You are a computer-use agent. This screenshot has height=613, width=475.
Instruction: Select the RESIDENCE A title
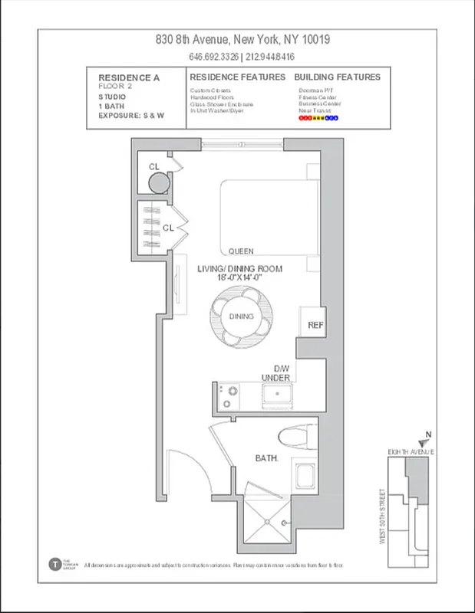pyautogui.click(x=127, y=77)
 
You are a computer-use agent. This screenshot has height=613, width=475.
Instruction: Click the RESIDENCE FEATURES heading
pyautogui.click(x=237, y=77)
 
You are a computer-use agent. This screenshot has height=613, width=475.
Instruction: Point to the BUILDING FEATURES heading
pyautogui.click(x=337, y=77)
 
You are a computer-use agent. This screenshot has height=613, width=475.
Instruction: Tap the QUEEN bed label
pyautogui.click(x=241, y=251)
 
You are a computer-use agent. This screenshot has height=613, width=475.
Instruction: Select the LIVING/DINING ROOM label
pyautogui.click(x=239, y=269)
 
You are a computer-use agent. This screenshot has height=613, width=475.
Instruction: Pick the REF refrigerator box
pyautogui.click(x=315, y=325)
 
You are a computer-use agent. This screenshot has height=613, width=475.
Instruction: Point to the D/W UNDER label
pyautogui.click(x=275, y=373)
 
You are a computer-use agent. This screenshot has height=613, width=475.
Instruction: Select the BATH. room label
pyautogui.click(x=266, y=458)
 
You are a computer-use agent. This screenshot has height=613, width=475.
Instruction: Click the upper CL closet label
pyautogui.click(x=154, y=166)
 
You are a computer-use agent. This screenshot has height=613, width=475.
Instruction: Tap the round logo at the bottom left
pyautogui.click(x=54, y=564)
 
